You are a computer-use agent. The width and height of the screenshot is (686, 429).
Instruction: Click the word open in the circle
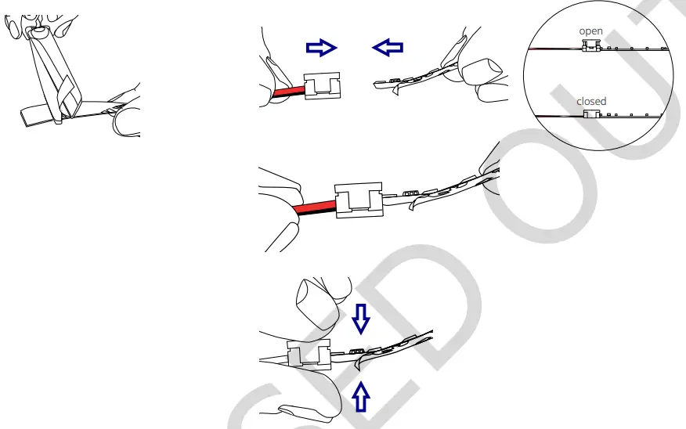coord(590,31)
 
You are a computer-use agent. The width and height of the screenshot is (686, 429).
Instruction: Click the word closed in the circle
coord(591,102)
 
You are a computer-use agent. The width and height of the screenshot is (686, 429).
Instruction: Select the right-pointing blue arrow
coord(320,49)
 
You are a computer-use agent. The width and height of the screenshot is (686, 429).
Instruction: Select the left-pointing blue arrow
coord(388,49)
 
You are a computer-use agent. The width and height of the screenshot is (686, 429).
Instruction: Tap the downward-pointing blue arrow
coord(361,317)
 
